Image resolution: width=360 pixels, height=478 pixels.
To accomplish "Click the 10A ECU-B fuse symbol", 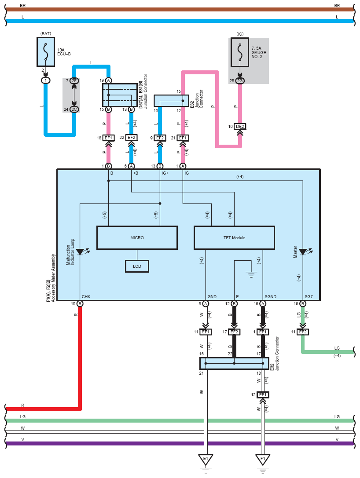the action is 46,52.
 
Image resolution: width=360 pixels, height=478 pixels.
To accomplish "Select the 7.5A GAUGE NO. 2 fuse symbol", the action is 240,52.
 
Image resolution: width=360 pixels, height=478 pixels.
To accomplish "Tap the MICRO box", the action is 137,238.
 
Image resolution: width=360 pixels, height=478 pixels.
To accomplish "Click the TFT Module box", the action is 234,238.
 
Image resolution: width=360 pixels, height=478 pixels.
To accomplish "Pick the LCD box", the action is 137,266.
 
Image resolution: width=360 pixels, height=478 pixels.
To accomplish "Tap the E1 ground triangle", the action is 206,459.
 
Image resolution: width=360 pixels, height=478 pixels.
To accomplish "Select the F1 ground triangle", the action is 263,459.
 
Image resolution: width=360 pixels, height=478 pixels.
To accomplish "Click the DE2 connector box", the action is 240,126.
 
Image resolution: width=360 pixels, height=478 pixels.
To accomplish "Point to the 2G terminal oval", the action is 240,81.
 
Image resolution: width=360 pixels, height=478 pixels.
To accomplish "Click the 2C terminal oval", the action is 74,109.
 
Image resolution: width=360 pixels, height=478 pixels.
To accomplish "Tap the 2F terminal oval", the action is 74,81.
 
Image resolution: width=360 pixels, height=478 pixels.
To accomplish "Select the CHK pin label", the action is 86,297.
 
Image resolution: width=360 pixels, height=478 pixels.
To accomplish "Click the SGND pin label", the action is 270,297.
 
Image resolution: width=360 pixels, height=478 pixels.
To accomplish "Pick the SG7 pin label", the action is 309,297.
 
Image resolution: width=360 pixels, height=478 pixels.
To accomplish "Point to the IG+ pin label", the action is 165,173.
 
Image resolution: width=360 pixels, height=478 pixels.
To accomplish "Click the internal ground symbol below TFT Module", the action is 251,275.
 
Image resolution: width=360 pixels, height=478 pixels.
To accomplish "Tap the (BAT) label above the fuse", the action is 46,33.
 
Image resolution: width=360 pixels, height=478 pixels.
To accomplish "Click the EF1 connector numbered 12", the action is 263,395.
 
